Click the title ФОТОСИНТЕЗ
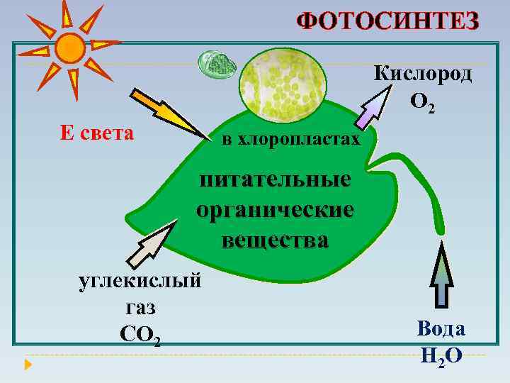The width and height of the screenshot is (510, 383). [x=388, y=21]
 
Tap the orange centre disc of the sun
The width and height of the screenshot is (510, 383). [x=69, y=48]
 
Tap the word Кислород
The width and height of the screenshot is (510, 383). [x=423, y=74]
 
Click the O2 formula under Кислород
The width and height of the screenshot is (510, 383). [x=423, y=104]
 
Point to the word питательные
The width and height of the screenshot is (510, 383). [x=275, y=179]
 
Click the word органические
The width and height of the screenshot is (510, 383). [x=275, y=210]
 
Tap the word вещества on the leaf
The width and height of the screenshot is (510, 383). [x=275, y=240]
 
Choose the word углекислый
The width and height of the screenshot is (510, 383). [x=140, y=280]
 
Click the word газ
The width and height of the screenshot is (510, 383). [x=140, y=307]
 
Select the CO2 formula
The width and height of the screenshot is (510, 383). [x=140, y=334]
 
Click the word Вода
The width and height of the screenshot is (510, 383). [x=441, y=329]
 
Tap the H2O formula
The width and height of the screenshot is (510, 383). [x=441, y=356]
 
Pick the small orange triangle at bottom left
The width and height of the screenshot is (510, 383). [x=28, y=366]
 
